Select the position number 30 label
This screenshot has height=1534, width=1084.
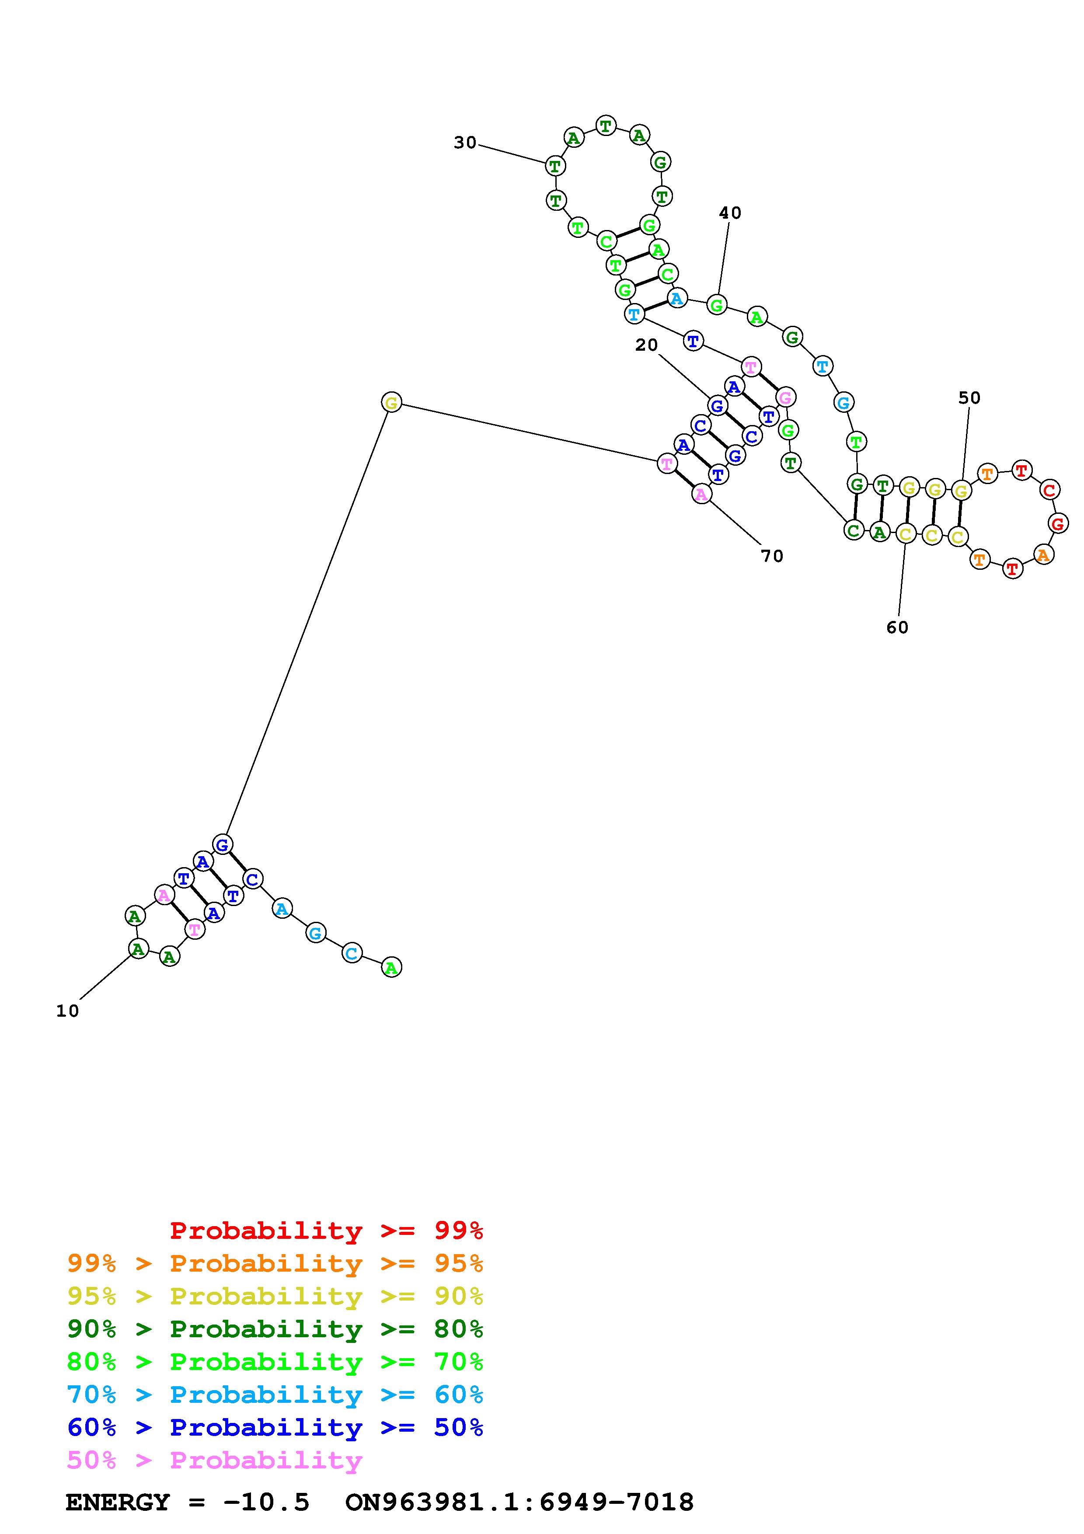(x=465, y=142)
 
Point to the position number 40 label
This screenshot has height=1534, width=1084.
(x=730, y=213)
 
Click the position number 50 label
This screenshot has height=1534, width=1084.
(x=969, y=398)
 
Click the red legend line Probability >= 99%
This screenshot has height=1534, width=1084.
(x=327, y=1231)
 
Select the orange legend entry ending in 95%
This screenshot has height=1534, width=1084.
(x=275, y=1263)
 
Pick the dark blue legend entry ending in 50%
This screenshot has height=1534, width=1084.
(x=275, y=1427)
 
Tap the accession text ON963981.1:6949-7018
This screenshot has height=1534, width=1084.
(x=519, y=1502)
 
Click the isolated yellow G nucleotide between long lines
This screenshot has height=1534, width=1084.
(x=391, y=403)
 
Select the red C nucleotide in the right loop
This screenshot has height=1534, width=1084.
(x=1049, y=490)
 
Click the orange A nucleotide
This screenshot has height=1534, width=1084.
(x=1043, y=554)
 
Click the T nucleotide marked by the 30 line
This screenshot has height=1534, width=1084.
(x=555, y=165)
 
